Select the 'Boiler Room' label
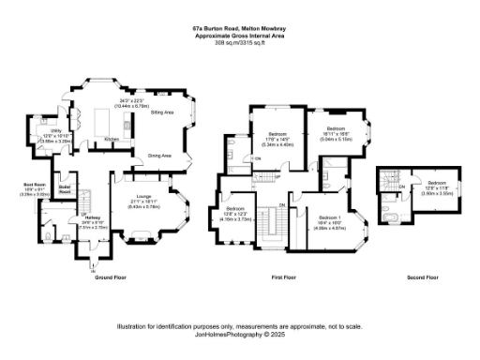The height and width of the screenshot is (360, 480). pyautogui.click(x=65, y=188)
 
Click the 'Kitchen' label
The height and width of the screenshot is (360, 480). pyautogui.click(x=112, y=138)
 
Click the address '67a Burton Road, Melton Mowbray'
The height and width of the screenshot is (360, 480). pyautogui.click(x=239, y=29)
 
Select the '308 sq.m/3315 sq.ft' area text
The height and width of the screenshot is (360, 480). pyautogui.click(x=239, y=43)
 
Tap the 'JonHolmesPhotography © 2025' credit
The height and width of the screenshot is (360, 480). pyautogui.click(x=239, y=334)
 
